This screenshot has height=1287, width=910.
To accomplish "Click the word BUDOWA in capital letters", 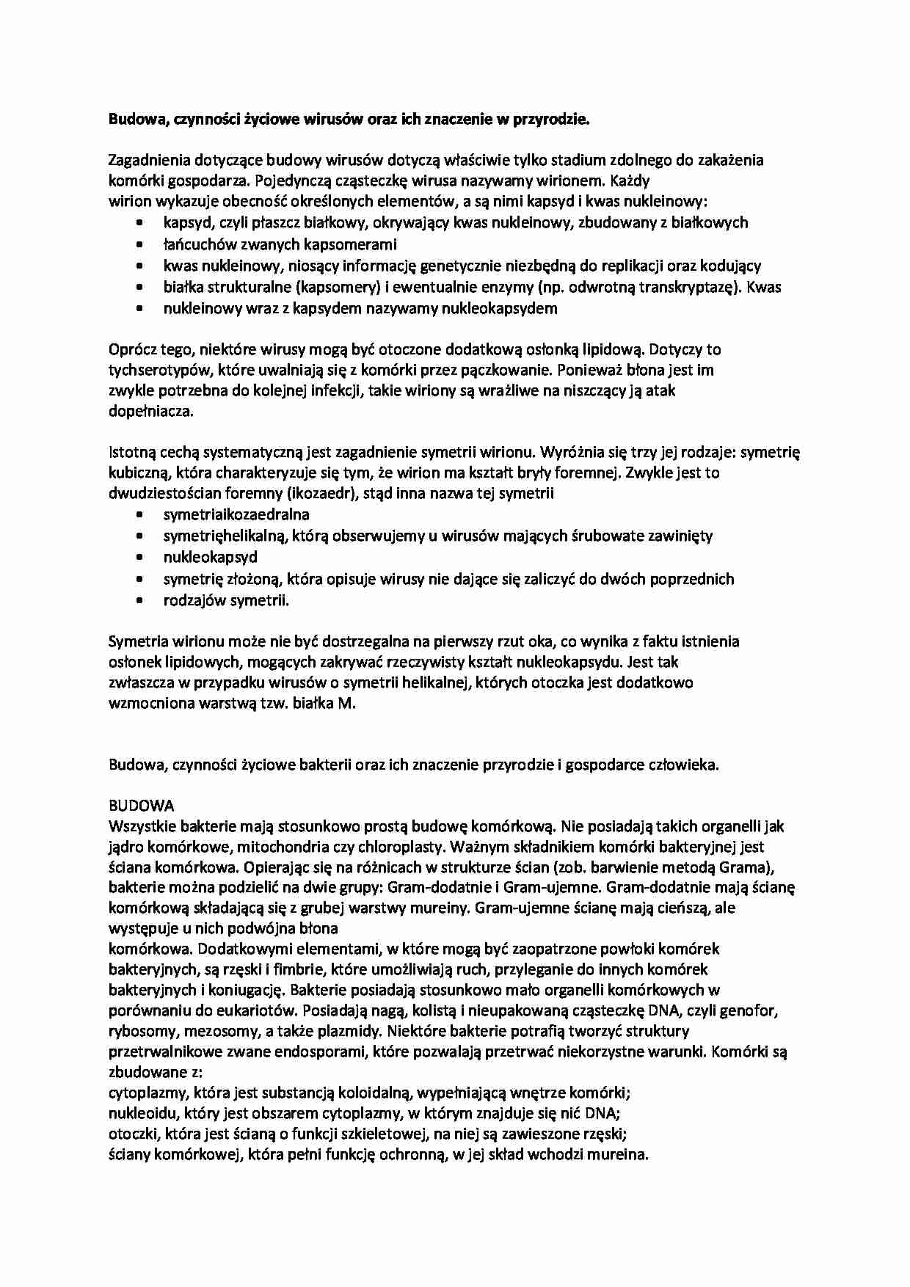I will coord(141,806).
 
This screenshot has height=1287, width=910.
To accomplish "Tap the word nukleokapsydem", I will coord(498,308).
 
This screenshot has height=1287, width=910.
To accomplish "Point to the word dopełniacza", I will coord(151,411).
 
